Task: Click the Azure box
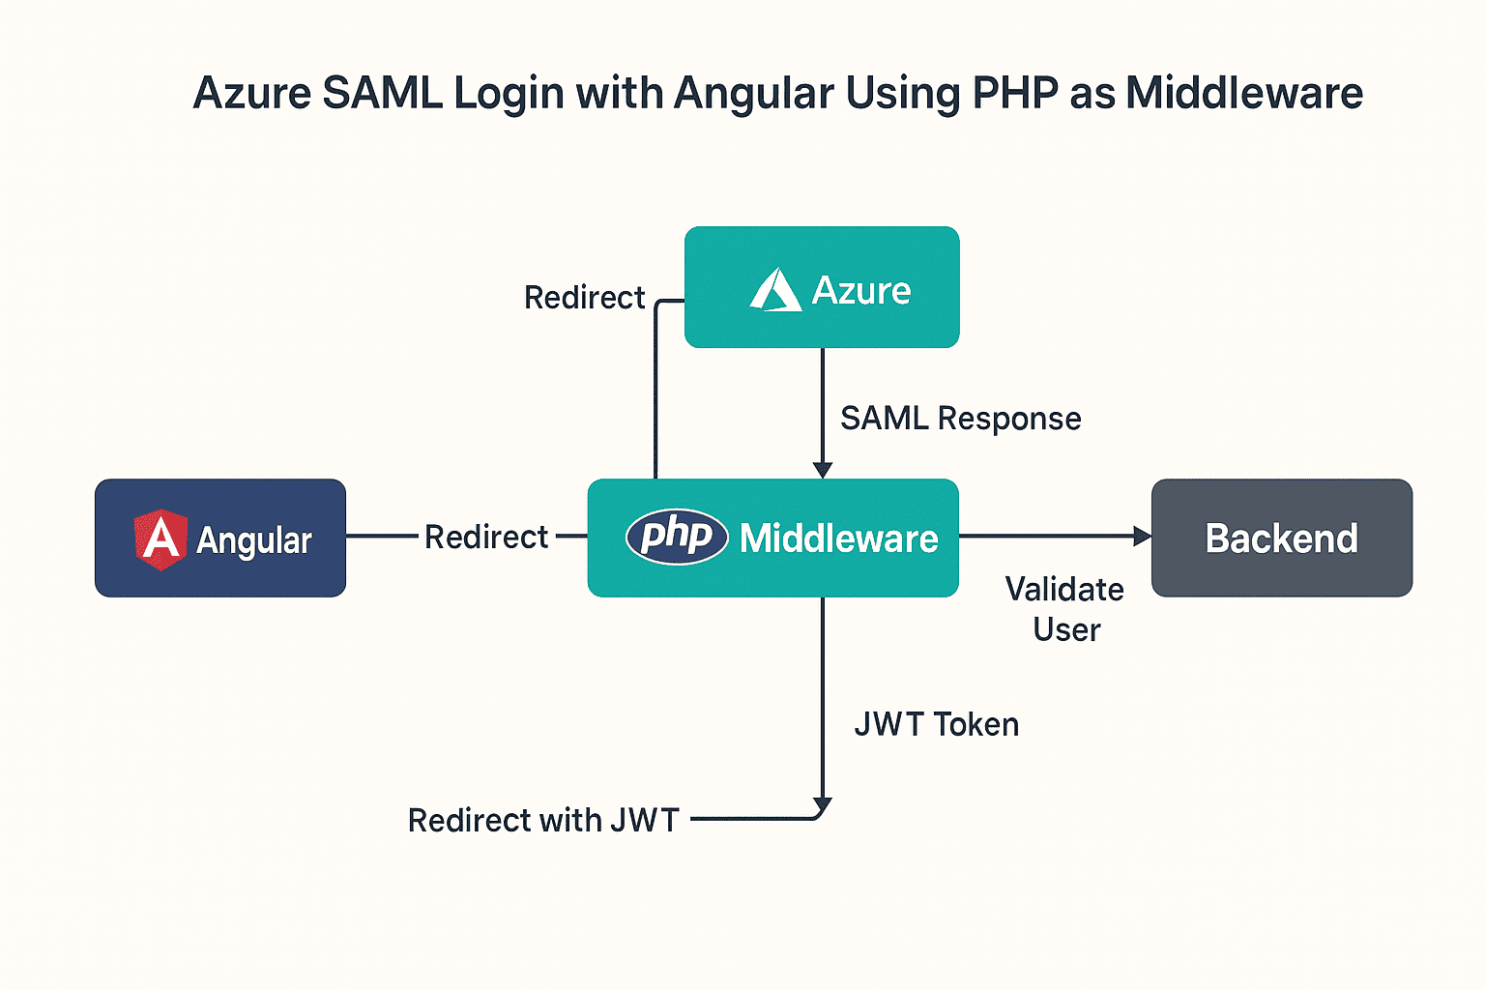(822, 287)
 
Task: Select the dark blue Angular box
(220, 538)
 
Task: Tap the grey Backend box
(1281, 538)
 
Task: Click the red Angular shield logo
(160, 539)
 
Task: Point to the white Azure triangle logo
(775, 290)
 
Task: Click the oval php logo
(677, 536)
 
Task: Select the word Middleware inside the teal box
(838, 539)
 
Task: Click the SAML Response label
(960, 419)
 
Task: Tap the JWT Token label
(936, 724)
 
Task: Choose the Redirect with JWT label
(543, 820)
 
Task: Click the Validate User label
(1065, 609)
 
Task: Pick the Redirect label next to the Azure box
(584, 298)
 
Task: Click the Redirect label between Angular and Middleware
(486, 537)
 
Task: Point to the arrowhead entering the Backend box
(1142, 536)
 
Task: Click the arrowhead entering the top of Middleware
(823, 470)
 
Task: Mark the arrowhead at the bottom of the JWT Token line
(823, 805)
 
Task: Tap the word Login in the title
(509, 94)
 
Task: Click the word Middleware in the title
(1244, 94)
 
